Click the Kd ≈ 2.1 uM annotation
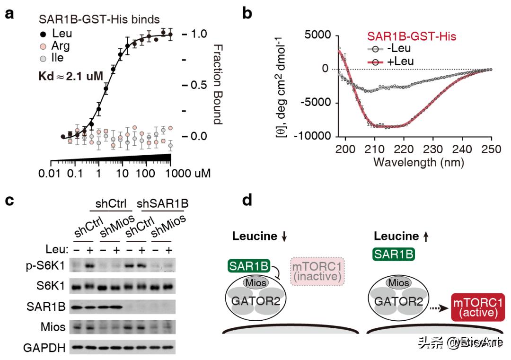[x=70, y=75]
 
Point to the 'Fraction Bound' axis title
[x=217, y=85]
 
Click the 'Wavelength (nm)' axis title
[x=418, y=163]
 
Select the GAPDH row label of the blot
[x=45, y=349]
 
